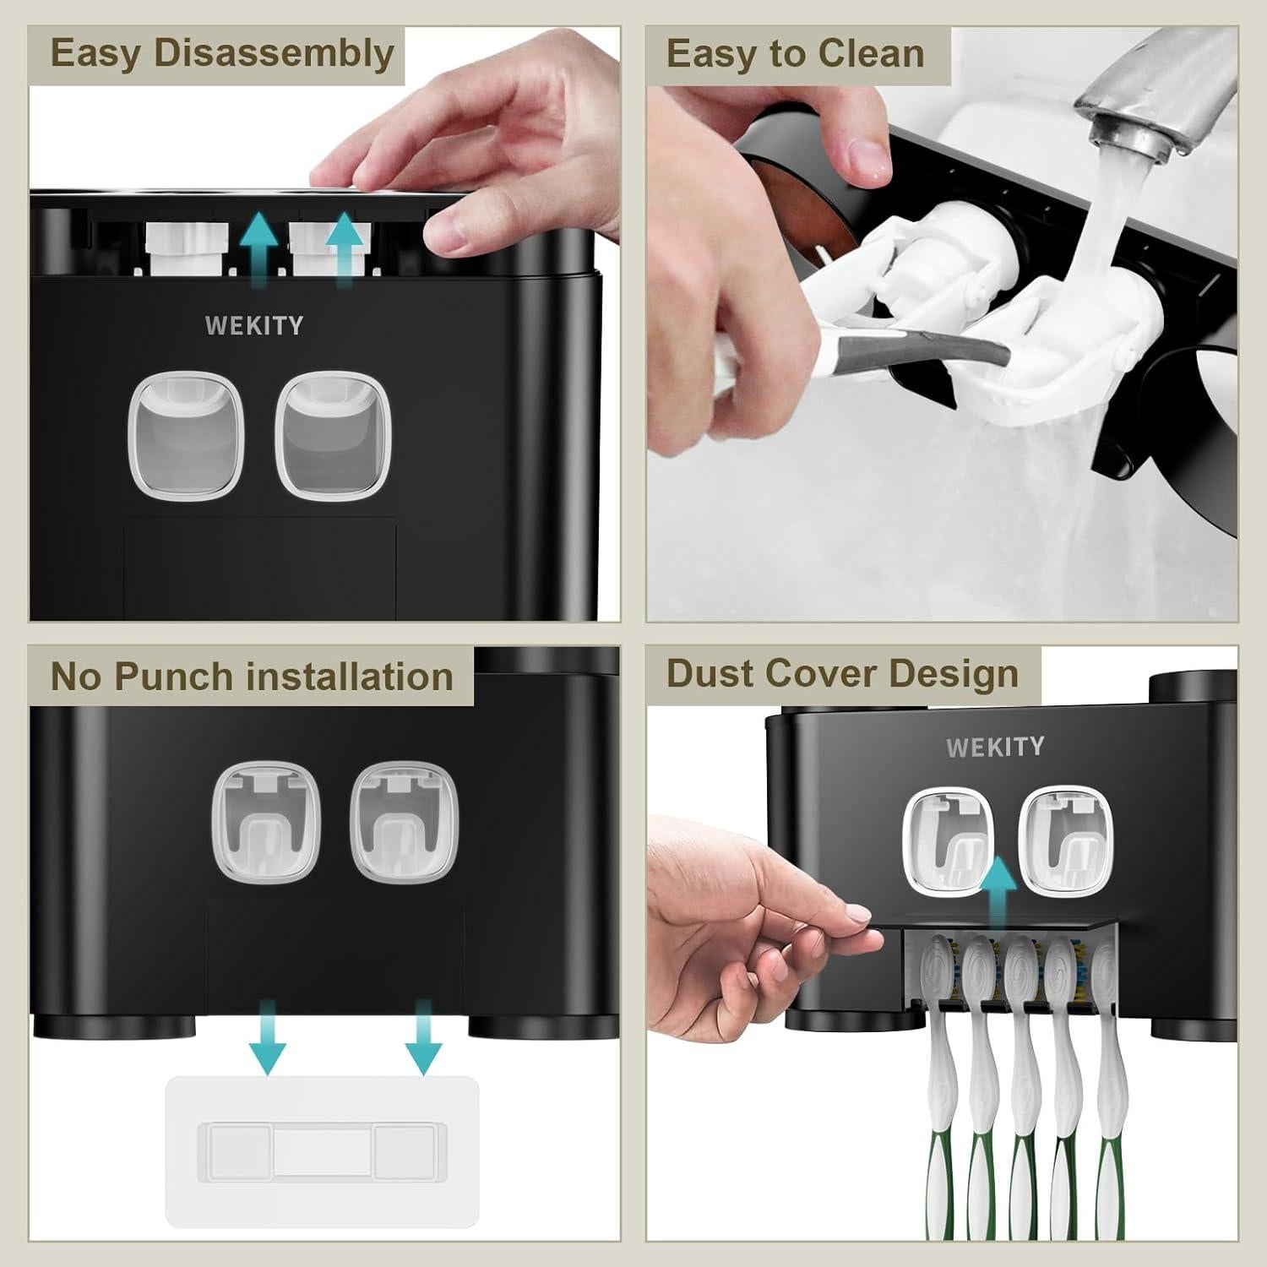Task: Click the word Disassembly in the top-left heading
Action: click(x=275, y=54)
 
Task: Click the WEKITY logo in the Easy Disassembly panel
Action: click(x=253, y=326)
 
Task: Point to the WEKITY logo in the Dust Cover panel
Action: click(x=994, y=747)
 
